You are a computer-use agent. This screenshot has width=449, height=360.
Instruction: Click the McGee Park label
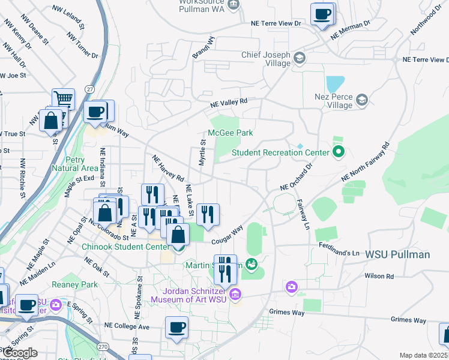coord(231,133)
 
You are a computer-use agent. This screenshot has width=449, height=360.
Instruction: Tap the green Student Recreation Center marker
coord(338,152)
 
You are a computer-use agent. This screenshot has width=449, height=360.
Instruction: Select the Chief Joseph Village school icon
coord(299,57)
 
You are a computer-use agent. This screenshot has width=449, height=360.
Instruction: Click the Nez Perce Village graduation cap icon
coord(361,100)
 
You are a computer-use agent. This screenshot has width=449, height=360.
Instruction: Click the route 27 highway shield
coord(89,89)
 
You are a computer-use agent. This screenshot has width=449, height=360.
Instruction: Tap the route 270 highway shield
coord(103,346)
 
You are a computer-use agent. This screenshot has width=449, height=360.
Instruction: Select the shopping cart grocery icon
coord(63,98)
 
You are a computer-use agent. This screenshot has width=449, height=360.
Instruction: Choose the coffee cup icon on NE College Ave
coord(176,327)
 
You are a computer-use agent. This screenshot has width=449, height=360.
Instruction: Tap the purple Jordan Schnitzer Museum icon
coord(235,293)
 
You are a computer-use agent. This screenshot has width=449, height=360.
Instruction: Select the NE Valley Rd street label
coord(229,104)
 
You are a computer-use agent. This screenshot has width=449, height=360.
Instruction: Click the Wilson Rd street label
coord(378,276)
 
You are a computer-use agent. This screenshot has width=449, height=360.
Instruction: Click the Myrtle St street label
coord(202,152)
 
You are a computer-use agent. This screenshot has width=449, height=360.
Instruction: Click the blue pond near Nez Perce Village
coord(335,83)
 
